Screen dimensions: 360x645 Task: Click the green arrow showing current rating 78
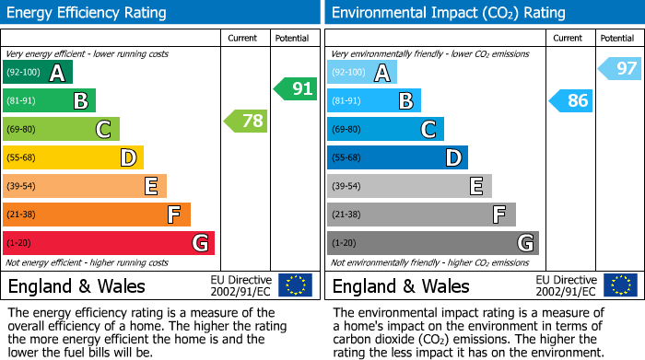click(245, 121)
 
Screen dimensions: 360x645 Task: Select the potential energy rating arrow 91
click(295, 89)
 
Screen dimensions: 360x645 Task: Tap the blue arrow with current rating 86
click(569, 100)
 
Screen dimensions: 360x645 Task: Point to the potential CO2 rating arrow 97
click(619, 68)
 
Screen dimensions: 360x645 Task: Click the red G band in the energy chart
click(109, 243)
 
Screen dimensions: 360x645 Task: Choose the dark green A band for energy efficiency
click(38, 73)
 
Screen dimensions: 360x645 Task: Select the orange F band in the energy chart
click(97, 215)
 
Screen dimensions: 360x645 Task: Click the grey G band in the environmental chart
click(432, 243)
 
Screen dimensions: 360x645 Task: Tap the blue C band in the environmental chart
click(385, 129)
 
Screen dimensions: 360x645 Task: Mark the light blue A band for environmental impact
click(362, 73)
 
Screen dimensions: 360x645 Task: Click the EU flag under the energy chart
click(295, 285)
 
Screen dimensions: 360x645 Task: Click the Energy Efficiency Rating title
click(88, 13)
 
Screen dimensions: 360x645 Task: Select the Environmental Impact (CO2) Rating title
click(448, 13)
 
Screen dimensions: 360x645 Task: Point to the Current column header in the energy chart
click(244, 38)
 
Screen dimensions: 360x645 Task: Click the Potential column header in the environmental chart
click(617, 38)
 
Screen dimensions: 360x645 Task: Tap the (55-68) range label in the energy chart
click(23, 157)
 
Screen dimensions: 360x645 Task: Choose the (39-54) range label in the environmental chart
click(347, 186)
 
